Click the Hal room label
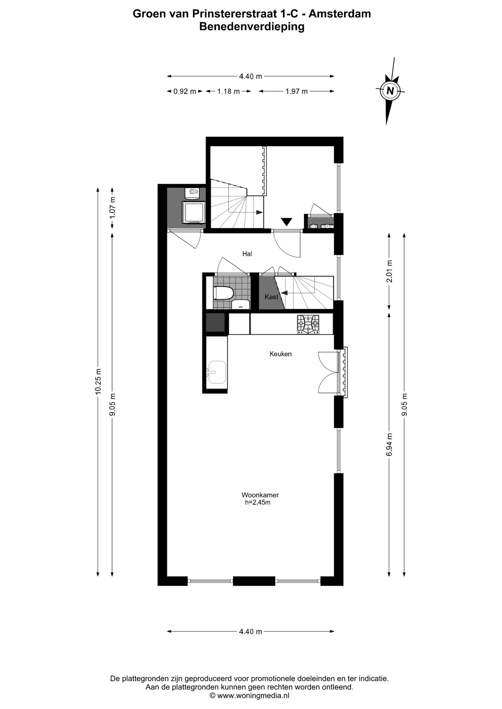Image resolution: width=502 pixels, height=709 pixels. coord(247,254)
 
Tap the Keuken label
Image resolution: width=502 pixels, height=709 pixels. coord(281,354)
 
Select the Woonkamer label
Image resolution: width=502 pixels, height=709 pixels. coord(260,495)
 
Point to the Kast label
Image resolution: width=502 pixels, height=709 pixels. coord(271,297)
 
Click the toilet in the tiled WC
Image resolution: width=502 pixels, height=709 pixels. coord(223,294)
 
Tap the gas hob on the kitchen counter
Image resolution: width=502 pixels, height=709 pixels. coord(308,324)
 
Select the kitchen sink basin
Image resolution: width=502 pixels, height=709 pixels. coord(217,372)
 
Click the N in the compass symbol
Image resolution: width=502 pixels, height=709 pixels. coord(390,90)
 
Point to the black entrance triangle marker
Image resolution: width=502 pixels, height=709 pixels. coord(286,222)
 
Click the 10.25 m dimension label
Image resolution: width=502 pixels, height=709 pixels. coord(98,381)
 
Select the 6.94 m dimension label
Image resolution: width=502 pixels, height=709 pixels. coord(389,444)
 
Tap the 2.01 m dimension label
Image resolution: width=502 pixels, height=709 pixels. coord(389,271)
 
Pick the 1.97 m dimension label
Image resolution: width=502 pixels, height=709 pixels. coord(296,91)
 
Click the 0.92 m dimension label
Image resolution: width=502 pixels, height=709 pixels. coord(185,91)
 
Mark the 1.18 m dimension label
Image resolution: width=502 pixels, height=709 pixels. coord(228,91)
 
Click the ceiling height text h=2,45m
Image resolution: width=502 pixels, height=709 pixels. coord(258,503)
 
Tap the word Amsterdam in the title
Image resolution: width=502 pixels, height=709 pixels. coord(340,14)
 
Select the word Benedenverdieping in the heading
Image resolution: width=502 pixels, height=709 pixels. coord(252,27)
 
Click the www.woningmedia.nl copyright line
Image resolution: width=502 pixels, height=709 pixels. coord(250,696)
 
